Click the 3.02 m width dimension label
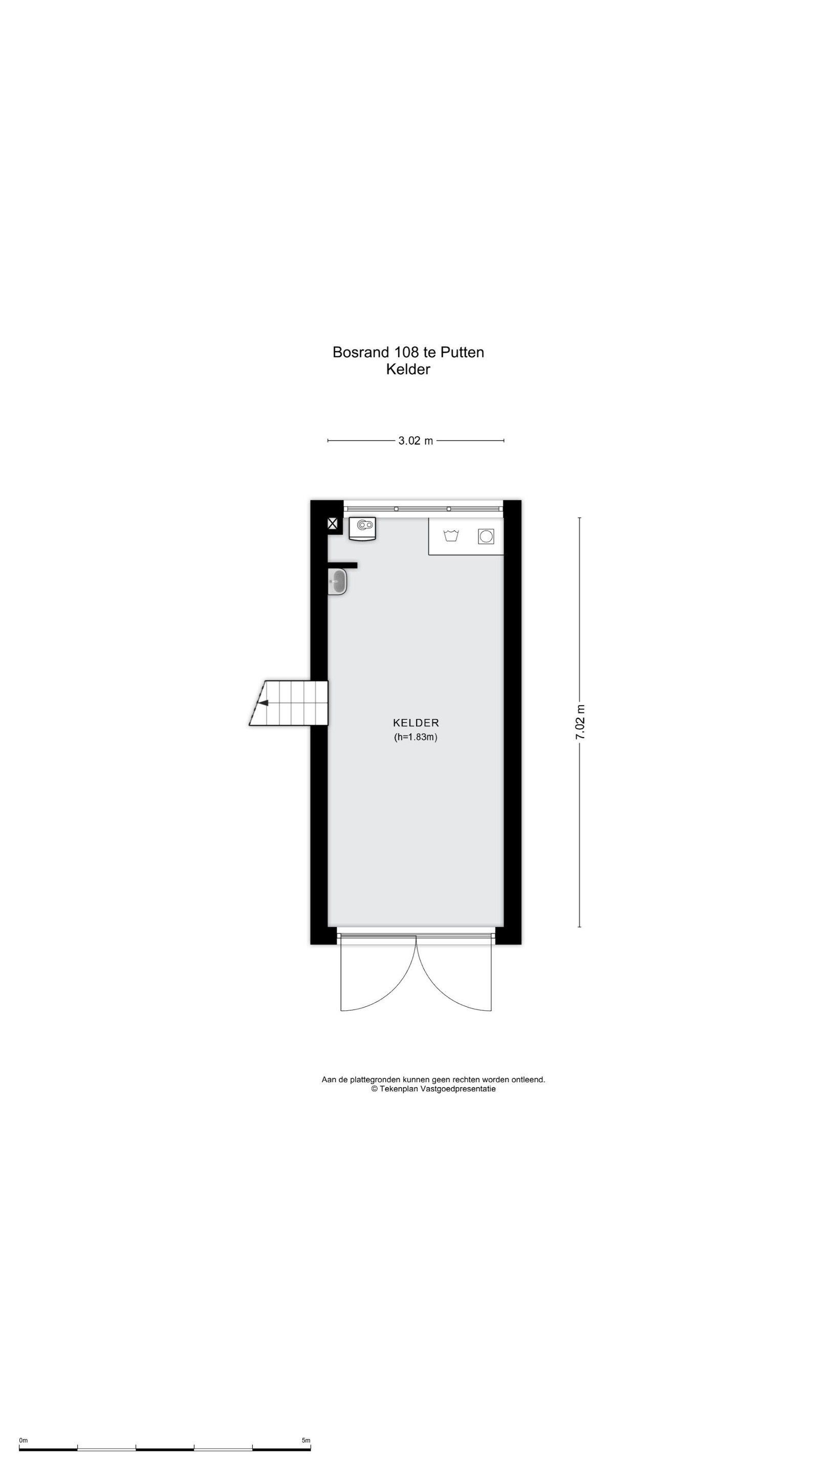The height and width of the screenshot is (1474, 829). (x=416, y=441)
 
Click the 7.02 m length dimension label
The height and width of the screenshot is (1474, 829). (x=580, y=722)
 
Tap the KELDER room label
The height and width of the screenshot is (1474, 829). (x=416, y=723)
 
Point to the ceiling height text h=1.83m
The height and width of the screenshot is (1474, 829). (x=416, y=737)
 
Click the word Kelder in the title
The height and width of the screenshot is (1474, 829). (x=408, y=369)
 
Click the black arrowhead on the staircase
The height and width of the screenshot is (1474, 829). (x=263, y=703)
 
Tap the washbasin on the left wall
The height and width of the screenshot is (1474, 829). (x=337, y=582)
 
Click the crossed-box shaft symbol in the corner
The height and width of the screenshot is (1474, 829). (x=333, y=523)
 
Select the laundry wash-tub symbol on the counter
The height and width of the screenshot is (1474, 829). (x=451, y=535)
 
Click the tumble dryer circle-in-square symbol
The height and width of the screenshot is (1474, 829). (x=486, y=536)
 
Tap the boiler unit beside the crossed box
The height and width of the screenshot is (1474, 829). (x=362, y=529)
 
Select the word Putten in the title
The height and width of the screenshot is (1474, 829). (x=462, y=352)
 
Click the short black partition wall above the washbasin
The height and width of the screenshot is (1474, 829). (x=343, y=566)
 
